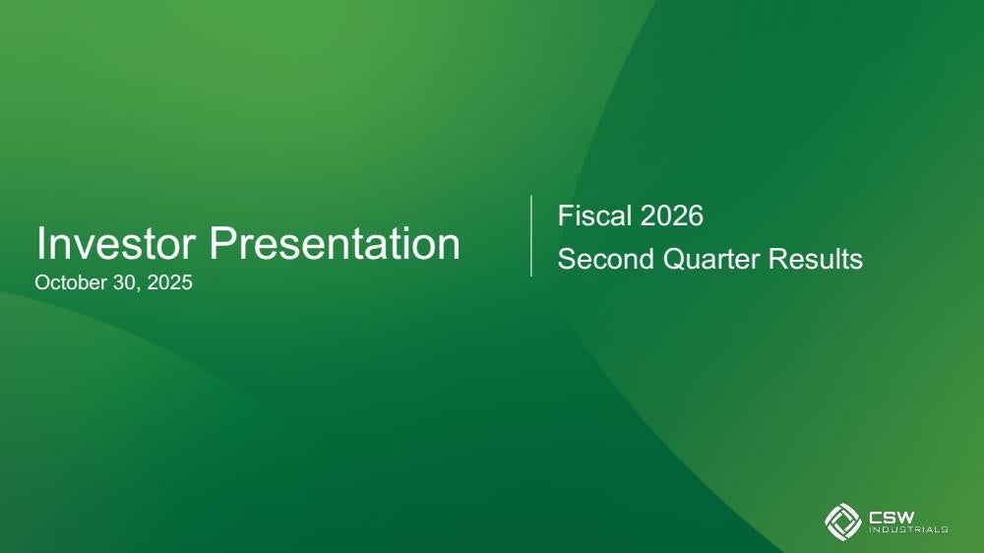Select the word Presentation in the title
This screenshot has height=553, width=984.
[x=335, y=243]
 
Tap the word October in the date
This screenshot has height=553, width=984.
[x=71, y=282]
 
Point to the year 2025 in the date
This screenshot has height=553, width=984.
[x=169, y=282]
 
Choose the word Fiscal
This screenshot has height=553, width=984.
[x=594, y=215]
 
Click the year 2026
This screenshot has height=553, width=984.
[x=672, y=215]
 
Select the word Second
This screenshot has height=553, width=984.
[x=605, y=259]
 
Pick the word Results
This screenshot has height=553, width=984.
[x=816, y=259]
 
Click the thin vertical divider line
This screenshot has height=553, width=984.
[x=531, y=235]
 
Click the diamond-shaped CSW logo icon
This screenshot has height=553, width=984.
[x=843, y=522]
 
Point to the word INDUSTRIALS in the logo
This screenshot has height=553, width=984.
[x=908, y=529]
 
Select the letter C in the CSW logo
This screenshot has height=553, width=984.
[x=875, y=517]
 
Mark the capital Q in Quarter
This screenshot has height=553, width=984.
[x=674, y=259]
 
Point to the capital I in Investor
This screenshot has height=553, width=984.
[x=39, y=243]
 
